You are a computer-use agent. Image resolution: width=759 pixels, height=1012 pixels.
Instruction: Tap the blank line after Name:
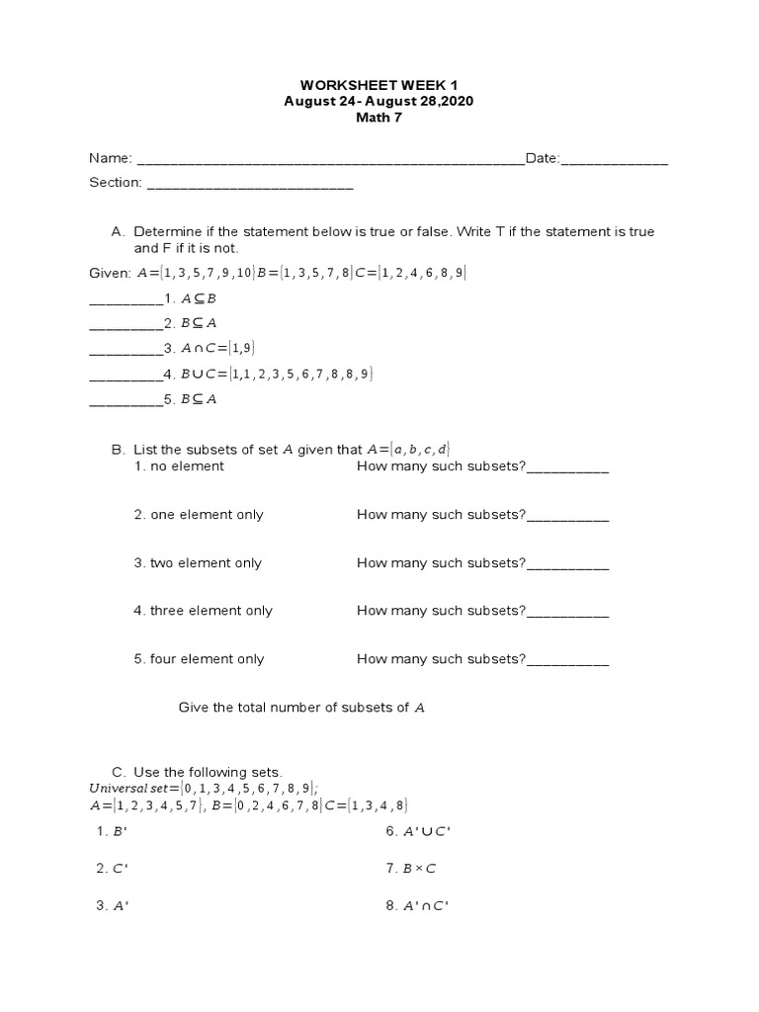click(x=330, y=160)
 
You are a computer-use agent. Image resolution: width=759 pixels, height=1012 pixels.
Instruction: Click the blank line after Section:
click(x=249, y=184)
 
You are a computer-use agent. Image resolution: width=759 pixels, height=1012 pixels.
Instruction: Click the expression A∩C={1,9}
click(x=211, y=348)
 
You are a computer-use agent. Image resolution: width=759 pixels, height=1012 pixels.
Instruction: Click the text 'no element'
click(x=187, y=466)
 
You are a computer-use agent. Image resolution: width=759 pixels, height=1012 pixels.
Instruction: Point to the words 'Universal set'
click(x=128, y=788)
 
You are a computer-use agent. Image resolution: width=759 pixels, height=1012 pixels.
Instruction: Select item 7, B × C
click(x=418, y=869)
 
